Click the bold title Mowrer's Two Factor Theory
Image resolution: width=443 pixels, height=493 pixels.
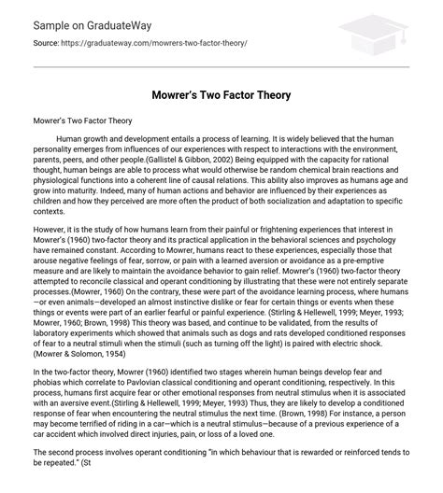(x=221, y=94)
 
